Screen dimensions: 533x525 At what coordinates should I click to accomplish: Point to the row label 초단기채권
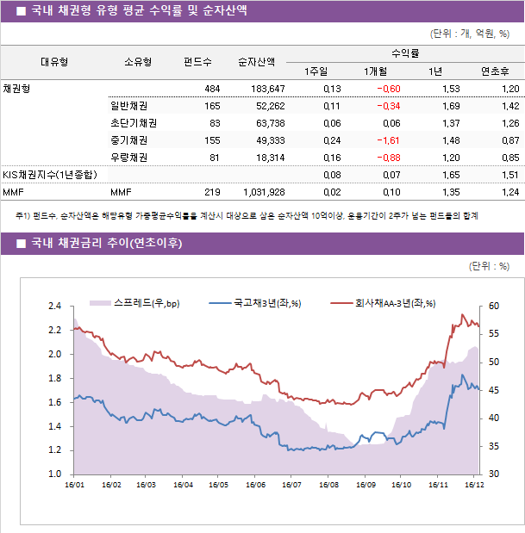128,123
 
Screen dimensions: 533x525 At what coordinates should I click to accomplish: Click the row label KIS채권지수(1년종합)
50,175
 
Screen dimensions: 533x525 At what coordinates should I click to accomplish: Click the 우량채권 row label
128,158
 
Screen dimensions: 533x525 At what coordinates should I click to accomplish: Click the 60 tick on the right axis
493,307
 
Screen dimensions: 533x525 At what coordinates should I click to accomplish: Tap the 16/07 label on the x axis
291,485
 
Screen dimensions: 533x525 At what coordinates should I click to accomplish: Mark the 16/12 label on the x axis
472,485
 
